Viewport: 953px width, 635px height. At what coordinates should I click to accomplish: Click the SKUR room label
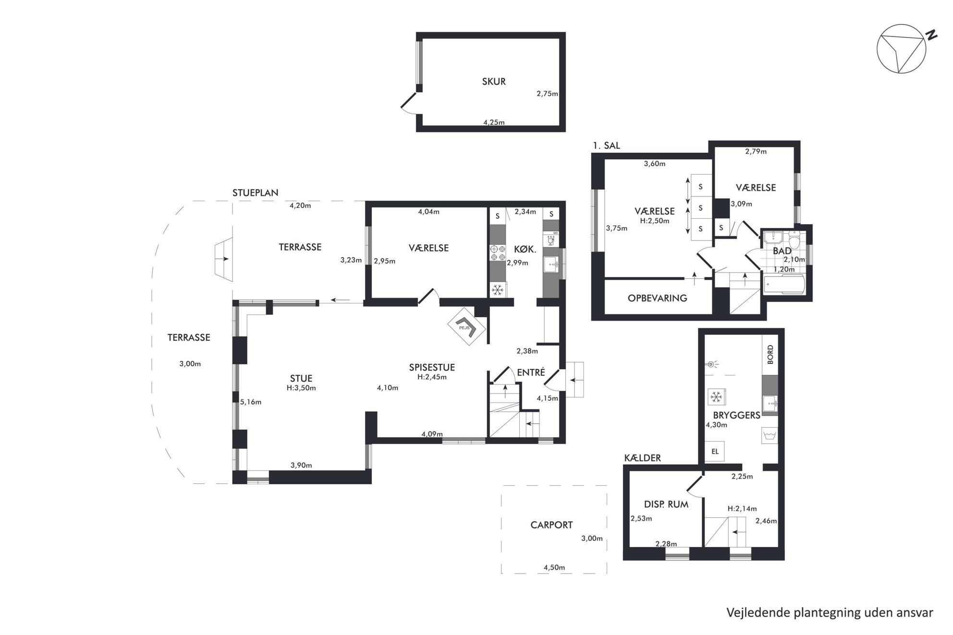tap(494, 82)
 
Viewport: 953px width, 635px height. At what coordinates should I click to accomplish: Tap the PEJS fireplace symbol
tap(467, 326)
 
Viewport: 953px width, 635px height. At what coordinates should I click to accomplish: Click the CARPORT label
tap(551, 525)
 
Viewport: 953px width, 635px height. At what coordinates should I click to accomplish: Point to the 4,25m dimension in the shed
tap(494, 122)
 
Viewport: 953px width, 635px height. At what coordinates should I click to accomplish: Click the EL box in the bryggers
tap(715, 452)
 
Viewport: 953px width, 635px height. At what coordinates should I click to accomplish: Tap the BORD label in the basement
tap(770, 355)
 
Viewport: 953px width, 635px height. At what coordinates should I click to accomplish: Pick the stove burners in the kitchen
tap(498, 253)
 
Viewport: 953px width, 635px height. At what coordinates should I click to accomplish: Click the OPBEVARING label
tap(657, 298)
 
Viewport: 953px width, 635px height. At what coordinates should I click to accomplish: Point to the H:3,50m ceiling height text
tap(301, 388)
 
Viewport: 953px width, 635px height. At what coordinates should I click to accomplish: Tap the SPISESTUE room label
tap(432, 367)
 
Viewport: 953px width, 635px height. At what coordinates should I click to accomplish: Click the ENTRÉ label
tap(531, 372)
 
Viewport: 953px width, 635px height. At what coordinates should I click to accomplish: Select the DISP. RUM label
tap(666, 504)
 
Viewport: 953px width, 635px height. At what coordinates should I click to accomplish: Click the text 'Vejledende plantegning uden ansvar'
tap(830, 613)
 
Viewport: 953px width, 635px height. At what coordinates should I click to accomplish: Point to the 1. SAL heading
tap(606, 145)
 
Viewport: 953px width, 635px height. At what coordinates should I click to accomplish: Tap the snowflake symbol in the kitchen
tap(498, 290)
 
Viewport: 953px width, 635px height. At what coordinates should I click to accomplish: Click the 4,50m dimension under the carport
tap(554, 567)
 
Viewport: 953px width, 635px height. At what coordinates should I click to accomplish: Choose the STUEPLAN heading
tap(255, 193)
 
